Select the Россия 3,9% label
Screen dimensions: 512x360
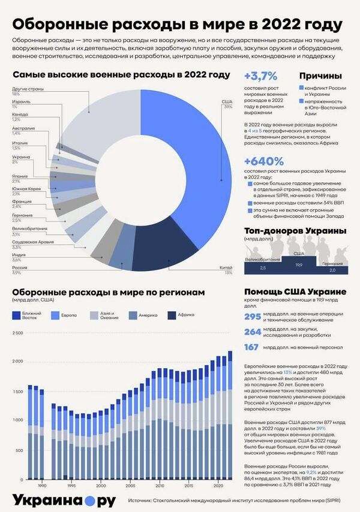[20, 270]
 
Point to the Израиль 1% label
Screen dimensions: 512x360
[19, 104]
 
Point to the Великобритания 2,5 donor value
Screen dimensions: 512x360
[262, 267]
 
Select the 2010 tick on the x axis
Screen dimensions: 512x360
[160, 485]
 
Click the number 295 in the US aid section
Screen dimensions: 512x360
[253, 317]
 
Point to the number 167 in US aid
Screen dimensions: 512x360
[253, 347]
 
